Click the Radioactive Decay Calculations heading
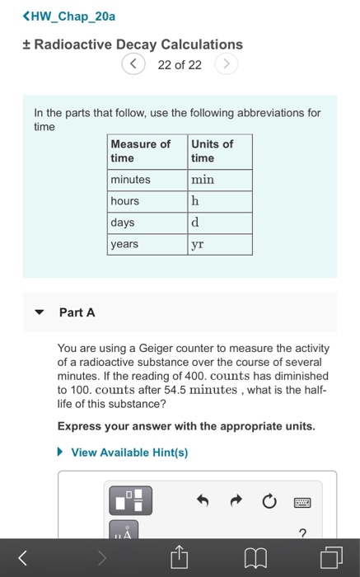click(x=133, y=45)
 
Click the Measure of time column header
click(x=140, y=151)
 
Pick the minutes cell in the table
click(x=131, y=180)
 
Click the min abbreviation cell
click(x=203, y=180)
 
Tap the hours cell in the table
click(x=125, y=201)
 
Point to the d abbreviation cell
click(x=195, y=223)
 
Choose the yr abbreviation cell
click(x=198, y=244)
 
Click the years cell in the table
click(x=124, y=244)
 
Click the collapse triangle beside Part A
click(x=39, y=313)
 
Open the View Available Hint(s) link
click(x=129, y=453)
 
